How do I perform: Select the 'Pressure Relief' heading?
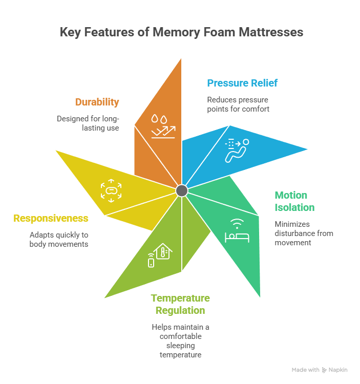242,83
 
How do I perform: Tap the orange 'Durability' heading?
97,102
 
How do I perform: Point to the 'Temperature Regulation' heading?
180,305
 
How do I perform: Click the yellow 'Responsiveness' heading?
51,219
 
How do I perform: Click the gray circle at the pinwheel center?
181,190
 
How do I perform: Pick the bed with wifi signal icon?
237,231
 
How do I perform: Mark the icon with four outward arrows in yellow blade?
110,190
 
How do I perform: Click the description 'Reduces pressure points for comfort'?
238,104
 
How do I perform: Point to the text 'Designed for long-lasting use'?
88,123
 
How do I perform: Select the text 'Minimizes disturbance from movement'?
303,233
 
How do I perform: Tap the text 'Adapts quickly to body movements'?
58,240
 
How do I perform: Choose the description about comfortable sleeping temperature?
180,340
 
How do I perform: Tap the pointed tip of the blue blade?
309,150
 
